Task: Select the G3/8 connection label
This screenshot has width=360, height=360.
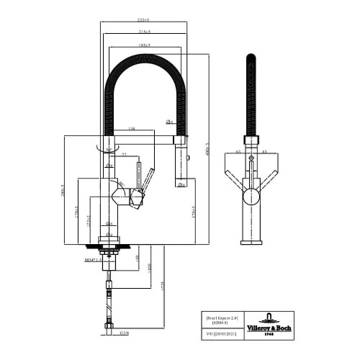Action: [124, 333]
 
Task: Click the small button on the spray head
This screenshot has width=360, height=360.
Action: [188, 156]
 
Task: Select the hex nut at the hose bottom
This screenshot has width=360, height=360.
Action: [109, 330]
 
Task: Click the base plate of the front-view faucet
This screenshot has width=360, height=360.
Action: [250, 244]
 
